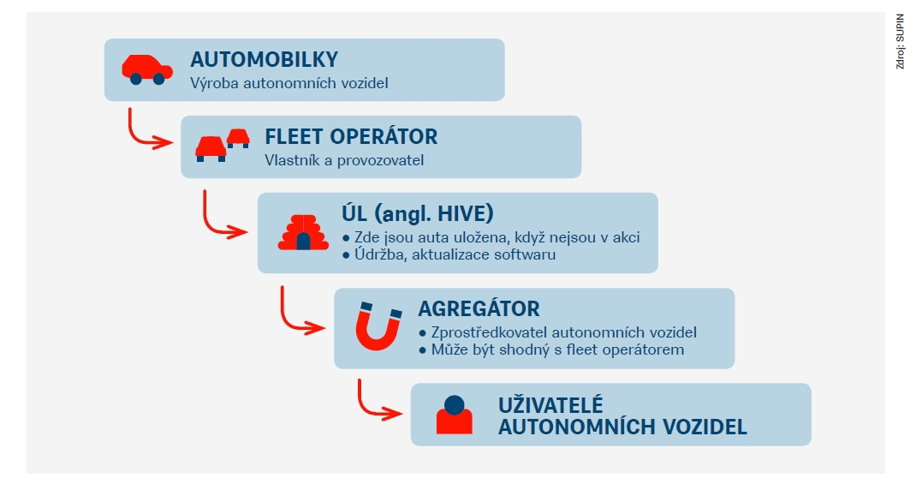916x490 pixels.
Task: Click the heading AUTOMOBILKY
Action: (264, 60)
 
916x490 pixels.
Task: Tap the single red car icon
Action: (147, 69)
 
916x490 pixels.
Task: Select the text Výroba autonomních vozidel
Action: (289, 83)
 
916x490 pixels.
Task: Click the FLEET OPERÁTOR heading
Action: (351, 137)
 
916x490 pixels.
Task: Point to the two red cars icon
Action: (222, 145)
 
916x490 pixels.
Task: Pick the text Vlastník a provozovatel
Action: (344, 160)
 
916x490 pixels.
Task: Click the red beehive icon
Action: (303, 233)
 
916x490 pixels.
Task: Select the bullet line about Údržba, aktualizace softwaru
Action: (449, 254)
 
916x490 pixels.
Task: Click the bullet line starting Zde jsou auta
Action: (491, 237)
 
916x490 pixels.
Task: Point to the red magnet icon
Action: (378, 326)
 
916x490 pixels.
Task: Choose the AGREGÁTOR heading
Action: (479, 308)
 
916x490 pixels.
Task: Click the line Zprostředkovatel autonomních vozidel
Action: (558, 332)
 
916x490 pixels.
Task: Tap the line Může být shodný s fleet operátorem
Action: (551, 350)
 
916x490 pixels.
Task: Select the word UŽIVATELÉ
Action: (550, 405)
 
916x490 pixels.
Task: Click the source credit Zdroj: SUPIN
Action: (901, 41)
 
